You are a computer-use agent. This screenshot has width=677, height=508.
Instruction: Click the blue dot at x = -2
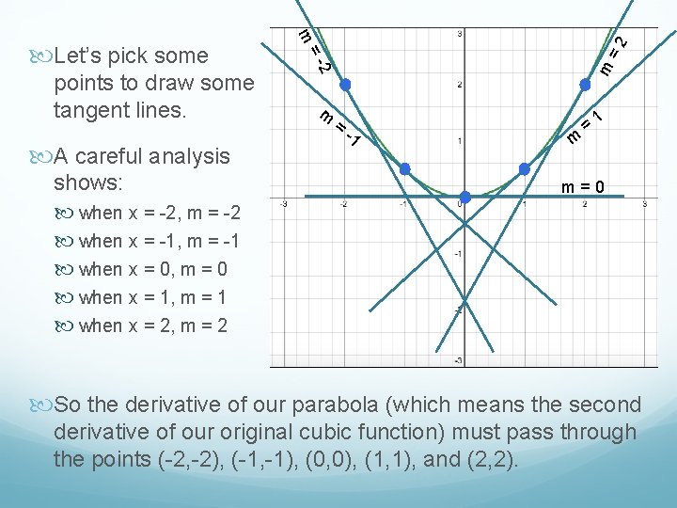point(345,85)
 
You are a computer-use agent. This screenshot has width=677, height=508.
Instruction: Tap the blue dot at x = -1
point(405,169)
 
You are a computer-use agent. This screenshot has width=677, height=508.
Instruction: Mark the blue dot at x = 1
point(524,169)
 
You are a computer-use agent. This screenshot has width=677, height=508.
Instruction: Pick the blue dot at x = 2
point(583,85)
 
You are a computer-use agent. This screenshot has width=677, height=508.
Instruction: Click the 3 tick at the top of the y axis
point(460,35)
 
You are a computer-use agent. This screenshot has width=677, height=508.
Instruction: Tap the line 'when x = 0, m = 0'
point(153,269)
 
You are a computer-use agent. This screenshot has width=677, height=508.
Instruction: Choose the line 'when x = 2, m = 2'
point(153,325)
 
